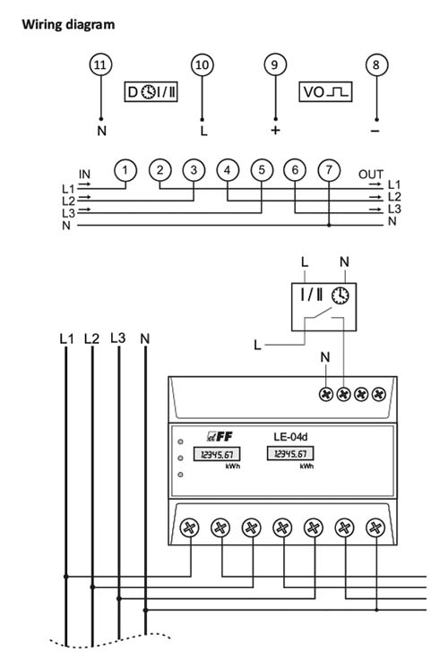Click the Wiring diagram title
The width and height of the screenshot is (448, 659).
point(68,24)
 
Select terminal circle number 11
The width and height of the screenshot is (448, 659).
point(100,64)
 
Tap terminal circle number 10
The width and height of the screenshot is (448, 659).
point(202,64)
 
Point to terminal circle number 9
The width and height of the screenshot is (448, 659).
point(275,64)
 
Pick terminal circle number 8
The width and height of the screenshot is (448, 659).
point(376,64)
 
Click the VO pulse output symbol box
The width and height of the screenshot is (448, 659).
point(325,91)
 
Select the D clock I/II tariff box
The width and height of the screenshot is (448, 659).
point(151,91)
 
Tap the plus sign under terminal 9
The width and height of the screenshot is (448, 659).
point(275,131)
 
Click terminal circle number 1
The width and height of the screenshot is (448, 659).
point(125,170)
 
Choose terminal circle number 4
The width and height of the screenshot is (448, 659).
point(228,170)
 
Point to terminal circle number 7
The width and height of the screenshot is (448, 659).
point(329,170)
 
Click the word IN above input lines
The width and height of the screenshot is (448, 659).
point(84,174)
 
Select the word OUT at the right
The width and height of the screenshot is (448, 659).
point(371,174)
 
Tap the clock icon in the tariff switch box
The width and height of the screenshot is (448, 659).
point(340,295)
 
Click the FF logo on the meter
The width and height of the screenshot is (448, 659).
point(220,437)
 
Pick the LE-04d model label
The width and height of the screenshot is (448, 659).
point(290,437)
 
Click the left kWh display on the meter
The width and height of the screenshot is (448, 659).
point(217,454)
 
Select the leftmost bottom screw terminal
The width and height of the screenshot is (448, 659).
point(189,528)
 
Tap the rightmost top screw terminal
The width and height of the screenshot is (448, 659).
point(379,394)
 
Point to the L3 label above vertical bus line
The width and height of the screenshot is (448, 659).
point(117,338)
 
